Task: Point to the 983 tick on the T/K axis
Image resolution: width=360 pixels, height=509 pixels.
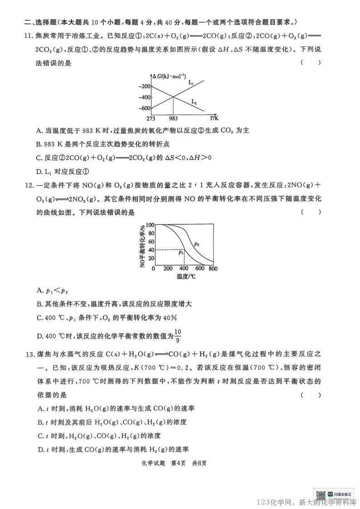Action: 173,119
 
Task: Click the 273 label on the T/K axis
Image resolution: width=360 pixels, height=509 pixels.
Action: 151,119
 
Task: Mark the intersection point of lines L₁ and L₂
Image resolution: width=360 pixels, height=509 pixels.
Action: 173,97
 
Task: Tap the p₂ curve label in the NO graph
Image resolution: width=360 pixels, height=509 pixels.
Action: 197,243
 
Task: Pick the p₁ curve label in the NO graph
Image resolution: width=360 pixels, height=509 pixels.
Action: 181,252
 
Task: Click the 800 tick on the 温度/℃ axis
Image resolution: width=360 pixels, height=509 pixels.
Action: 213,268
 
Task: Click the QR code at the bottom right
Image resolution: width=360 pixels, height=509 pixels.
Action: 321,495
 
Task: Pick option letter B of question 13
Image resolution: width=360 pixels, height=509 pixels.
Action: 39,422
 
